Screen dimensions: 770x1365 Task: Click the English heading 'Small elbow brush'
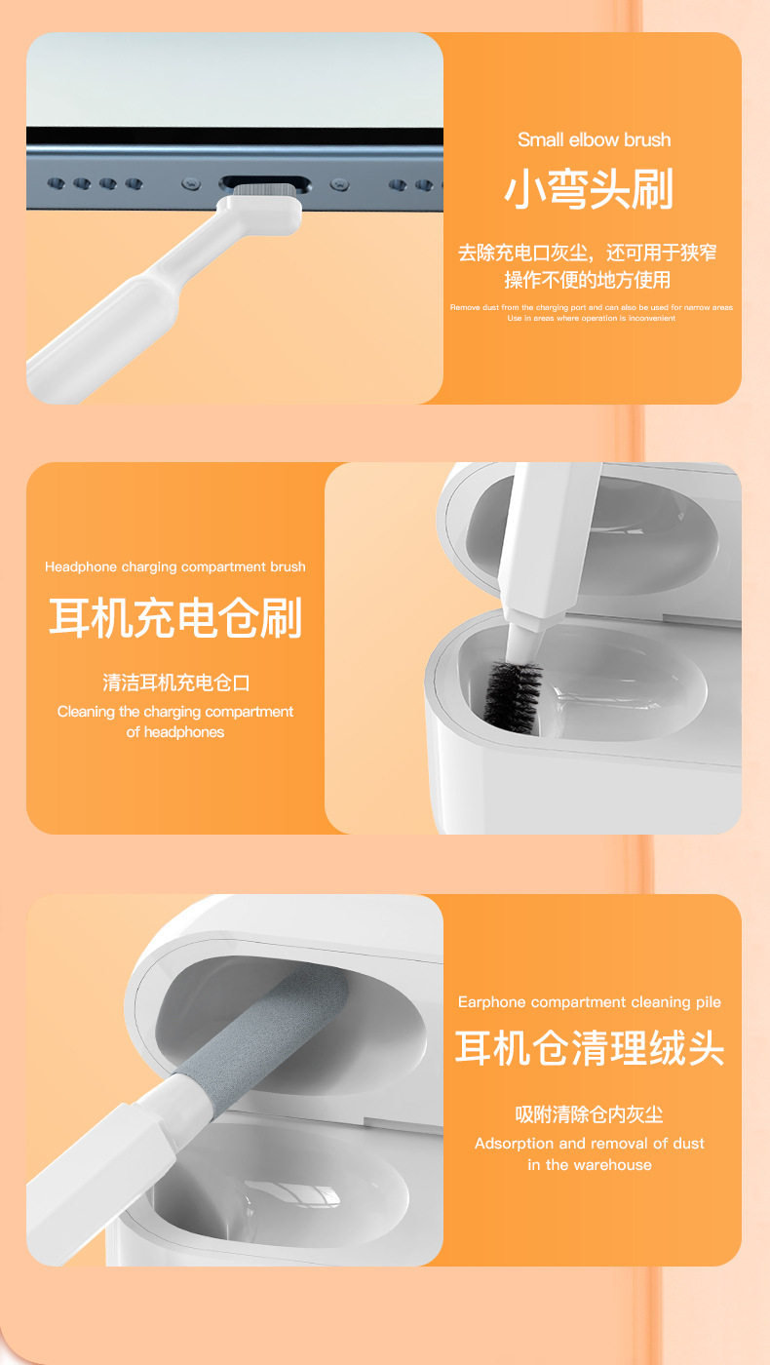tap(594, 139)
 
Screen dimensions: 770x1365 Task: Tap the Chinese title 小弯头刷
tap(589, 189)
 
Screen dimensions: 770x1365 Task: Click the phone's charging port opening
tap(265, 183)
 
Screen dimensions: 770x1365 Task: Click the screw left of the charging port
tap(191, 183)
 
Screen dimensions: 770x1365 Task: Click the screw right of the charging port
tap(339, 184)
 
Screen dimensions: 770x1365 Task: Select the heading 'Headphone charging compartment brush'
tap(175, 566)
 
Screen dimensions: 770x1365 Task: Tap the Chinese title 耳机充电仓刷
tap(175, 617)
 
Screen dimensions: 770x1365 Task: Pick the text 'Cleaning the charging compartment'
tap(175, 711)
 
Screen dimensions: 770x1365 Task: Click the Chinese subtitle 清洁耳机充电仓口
tap(175, 682)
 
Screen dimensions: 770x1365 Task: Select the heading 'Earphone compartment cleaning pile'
tap(589, 1002)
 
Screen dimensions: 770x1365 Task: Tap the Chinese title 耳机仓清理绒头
tap(589, 1048)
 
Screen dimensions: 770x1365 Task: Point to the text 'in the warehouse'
tap(589, 1164)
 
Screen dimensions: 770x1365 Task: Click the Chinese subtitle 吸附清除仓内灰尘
tap(589, 1114)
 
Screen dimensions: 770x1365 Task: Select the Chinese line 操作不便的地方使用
tap(587, 280)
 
